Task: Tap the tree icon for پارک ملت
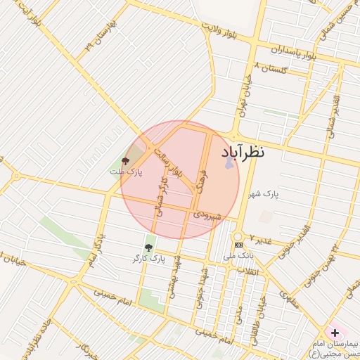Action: click(x=126, y=161)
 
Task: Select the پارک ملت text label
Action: click(x=126, y=172)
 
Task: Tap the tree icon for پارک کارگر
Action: click(x=148, y=247)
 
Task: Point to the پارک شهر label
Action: click(x=265, y=193)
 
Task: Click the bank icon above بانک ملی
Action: click(x=237, y=245)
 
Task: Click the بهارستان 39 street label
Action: click(x=100, y=35)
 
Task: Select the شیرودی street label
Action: click(x=207, y=214)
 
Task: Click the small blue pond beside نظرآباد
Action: click(x=229, y=162)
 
